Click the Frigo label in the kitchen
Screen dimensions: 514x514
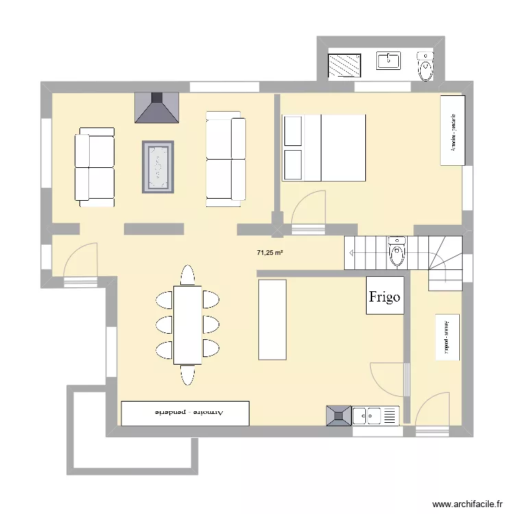pyautogui.click(x=384, y=296)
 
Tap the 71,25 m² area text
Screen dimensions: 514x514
pyautogui.click(x=270, y=253)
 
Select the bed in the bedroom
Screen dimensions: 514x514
pyautogui.click(x=323, y=147)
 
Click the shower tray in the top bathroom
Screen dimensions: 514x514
pyautogui.click(x=347, y=66)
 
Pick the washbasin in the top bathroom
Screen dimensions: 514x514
pyautogui.click(x=389, y=61)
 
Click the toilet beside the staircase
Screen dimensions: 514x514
pyautogui.click(x=397, y=252)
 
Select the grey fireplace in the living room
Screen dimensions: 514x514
pyautogui.click(x=157, y=108)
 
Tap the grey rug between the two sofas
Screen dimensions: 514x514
pyautogui.click(x=158, y=166)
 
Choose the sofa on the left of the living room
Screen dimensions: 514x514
pyautogui.click(x=95, y=166)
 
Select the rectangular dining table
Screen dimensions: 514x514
pyautogui.click(x=187, y=325)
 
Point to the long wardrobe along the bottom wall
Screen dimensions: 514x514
pyautogui.click(x=185, y=413)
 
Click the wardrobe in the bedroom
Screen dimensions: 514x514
pyautogui.click(x=453, y=130)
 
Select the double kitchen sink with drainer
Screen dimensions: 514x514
pyautogui.click(x=376, y=415)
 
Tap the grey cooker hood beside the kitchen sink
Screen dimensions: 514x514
pyautogui.click(x=338, y=415)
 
